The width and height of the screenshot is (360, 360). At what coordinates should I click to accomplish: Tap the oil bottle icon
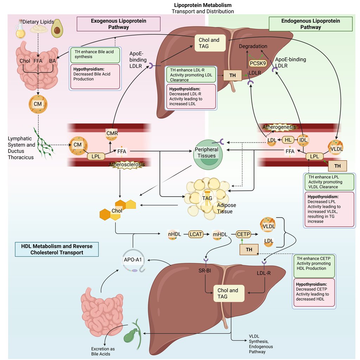21,30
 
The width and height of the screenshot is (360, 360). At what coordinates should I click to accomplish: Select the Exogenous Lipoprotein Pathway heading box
118,24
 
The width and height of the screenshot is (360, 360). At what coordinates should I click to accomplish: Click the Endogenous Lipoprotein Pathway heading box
310,24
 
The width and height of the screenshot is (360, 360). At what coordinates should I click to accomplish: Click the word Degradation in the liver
253,46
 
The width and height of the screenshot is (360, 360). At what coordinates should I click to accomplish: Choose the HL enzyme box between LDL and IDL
288,140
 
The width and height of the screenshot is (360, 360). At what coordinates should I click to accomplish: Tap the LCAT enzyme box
196,233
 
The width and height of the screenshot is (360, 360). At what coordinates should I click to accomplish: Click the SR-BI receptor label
204,271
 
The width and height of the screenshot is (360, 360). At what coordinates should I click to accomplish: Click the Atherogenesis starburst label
279,127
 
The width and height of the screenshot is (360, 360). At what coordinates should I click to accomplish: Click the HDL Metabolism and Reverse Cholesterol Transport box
57,249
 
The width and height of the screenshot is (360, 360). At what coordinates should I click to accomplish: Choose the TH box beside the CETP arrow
249,250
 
